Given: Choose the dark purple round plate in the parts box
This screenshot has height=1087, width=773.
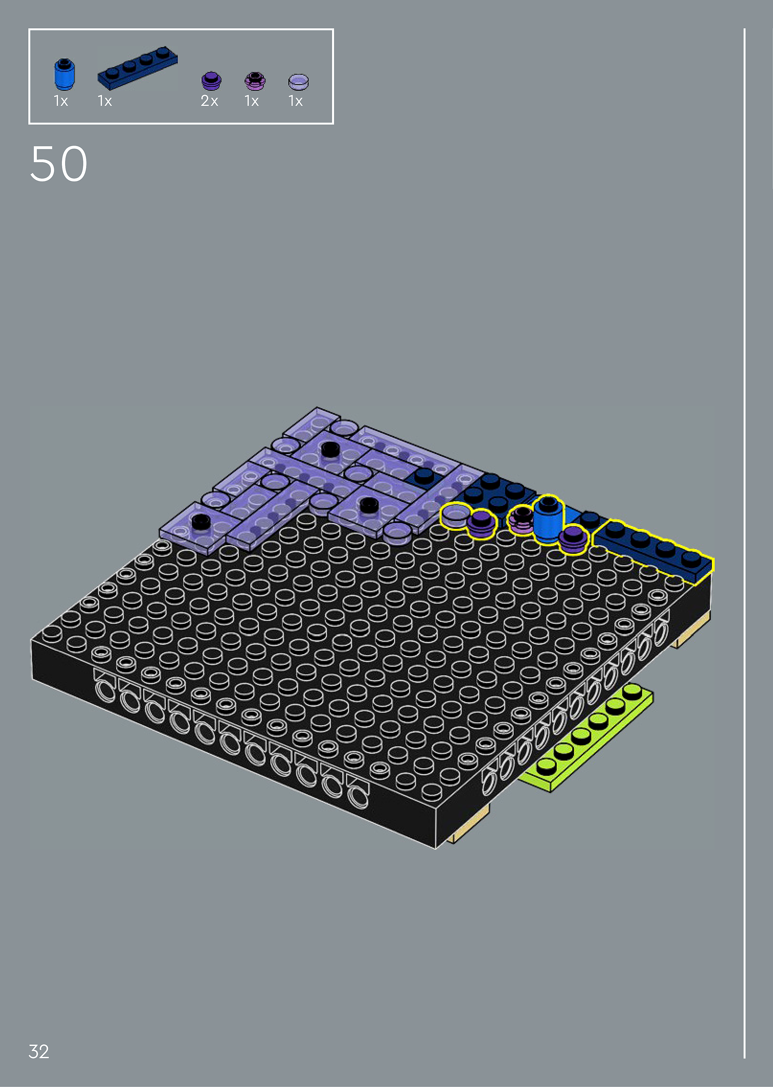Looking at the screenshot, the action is (x=211, y=81).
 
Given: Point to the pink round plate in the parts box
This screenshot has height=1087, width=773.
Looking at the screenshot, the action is (x=255, y=81).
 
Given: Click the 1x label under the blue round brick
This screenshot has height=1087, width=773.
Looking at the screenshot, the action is (x=61, y=101).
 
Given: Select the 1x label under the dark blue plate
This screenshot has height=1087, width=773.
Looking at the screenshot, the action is (x=105, y=101).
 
